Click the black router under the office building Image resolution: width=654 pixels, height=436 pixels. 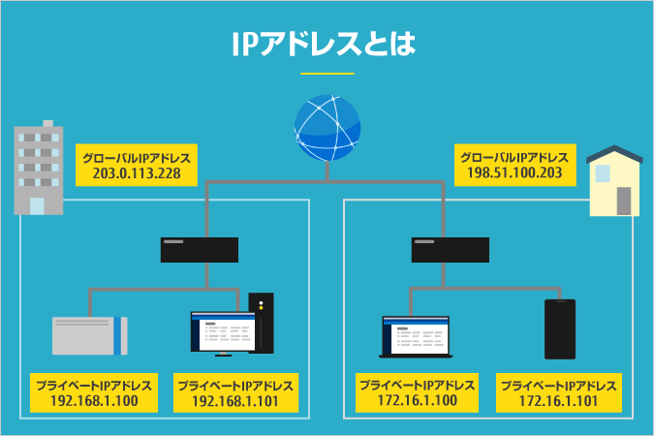pyautogui.click(x=200, y=250)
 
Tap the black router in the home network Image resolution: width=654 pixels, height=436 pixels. pyautogui.click(x=450, y=250)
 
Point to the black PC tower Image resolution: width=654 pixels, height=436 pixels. pyautogui.click(x=262, y=323)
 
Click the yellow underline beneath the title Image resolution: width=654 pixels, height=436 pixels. pyautogui.click(x=327, y=74)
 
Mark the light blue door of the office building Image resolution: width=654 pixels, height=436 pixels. pyautogui.click(x=37, y=205)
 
